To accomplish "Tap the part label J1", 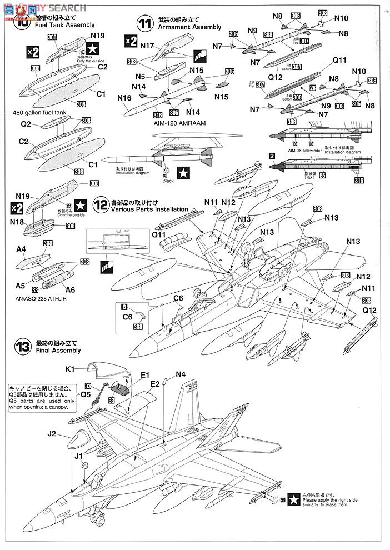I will coord(78,456).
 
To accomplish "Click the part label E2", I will coord(154,384).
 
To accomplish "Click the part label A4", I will coord(21,250).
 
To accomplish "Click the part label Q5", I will coord(85,395).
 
